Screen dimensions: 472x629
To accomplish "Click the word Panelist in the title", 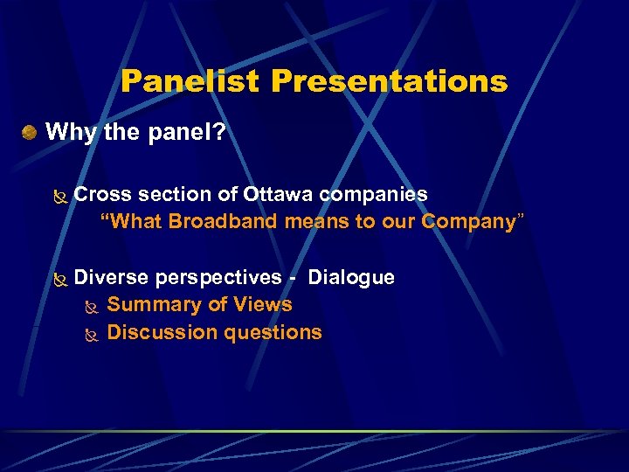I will pos(191,81).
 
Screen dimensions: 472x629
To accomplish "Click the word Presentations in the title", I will pos(389,81).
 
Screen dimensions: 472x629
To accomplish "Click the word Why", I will pos(66,132).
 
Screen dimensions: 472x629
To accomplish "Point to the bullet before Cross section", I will pos(59,196).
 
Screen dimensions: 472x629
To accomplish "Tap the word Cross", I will pos(101,194).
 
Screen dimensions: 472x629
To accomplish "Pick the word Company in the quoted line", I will pos(468,221).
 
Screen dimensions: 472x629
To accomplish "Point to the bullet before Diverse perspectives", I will pos(59,280).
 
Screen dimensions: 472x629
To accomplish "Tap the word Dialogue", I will pos(351,277).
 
